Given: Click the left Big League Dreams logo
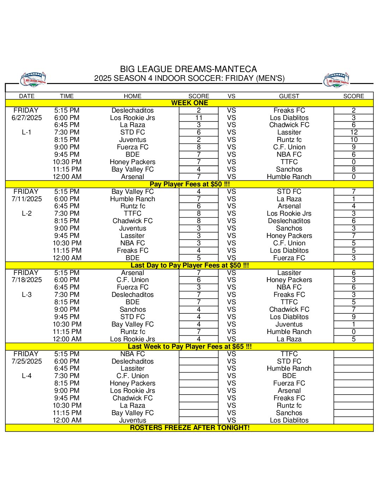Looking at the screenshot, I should tap(33, 80).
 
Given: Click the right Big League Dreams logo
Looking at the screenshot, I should tap(336, 80).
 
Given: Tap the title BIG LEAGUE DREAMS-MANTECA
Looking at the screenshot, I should tap(188, 69).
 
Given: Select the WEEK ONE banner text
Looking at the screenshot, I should tap(190, 103).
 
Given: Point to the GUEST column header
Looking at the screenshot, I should tap(289, 96).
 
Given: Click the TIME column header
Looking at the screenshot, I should tap(67, 96).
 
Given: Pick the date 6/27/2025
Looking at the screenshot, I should tap(26, 118).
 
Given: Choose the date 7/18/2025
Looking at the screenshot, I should tap(26, 280).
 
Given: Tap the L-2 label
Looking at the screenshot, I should tap(26, 214).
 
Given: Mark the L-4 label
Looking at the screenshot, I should tap(26, 376).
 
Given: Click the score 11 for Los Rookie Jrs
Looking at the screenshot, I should tap(199, 118).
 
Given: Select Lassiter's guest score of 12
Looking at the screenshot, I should tap(354, 132).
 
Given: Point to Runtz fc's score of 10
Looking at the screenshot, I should tap(354, 140).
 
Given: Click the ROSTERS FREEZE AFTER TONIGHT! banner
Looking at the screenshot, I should tap(190, 428).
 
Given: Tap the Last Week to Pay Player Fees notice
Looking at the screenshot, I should tap(190, 347).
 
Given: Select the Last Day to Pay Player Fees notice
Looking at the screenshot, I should tap(190, 265).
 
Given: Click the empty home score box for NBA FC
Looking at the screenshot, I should tap(199, 354).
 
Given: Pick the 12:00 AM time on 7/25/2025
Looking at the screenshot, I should tap(67, 420).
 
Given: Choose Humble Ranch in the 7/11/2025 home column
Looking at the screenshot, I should tap(132, 199).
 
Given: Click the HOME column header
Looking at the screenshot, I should tap(132, 96).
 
